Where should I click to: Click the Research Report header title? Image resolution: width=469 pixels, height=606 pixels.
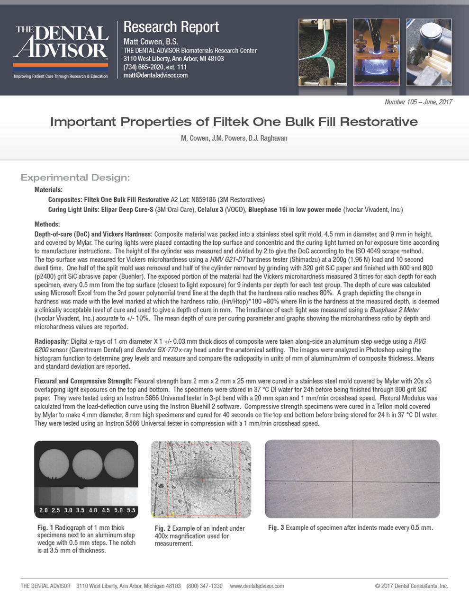(171, 27)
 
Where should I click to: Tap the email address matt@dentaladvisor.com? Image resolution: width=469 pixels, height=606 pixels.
(155, 75)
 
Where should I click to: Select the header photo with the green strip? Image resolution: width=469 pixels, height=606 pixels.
(323, 52)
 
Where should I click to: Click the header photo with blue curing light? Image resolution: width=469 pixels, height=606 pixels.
(376, 52)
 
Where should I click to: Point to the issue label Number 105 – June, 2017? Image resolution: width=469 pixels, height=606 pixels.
(418, 102)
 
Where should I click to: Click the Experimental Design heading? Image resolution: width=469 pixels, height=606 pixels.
(75, 178)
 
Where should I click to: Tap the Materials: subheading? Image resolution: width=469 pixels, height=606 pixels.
(48, 189)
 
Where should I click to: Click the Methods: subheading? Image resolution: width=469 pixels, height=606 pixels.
(47, 224)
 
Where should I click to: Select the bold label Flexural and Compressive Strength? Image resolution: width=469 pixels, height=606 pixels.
(83, 381)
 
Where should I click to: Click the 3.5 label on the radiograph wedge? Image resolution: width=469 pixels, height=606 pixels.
(81, 510)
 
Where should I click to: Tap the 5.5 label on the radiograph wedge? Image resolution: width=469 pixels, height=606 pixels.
(131, 510)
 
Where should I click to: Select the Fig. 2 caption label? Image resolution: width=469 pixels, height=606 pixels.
(162, 528)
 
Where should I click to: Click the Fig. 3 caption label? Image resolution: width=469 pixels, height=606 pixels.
(276, 527)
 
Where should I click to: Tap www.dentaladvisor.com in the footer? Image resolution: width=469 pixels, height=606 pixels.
(257, 586)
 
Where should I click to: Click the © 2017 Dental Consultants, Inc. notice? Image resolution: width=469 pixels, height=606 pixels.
(411, 586)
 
